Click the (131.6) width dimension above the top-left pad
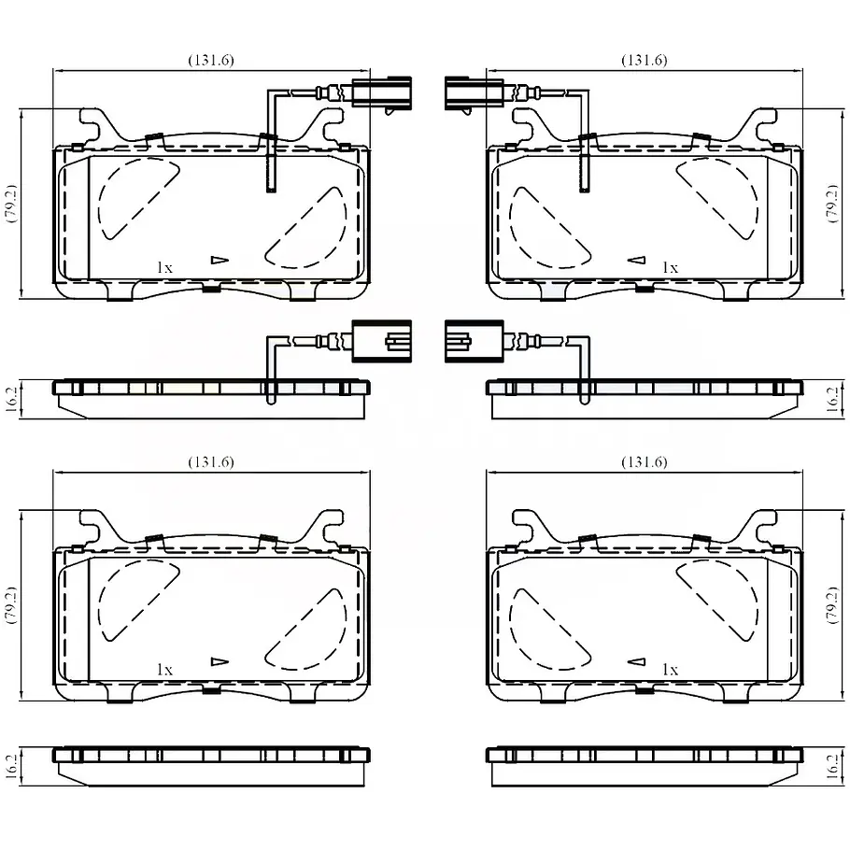coord(211,60)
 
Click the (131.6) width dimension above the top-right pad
coord(644,60)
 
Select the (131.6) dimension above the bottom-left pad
coord(211,461)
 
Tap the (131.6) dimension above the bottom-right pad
coord(644,461)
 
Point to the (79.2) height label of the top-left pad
coord(11,204)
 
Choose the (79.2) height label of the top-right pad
coord(832,204)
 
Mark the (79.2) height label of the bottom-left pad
coord(11,605)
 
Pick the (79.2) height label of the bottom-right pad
coord(832,605)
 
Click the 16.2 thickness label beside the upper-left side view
coord(12,399)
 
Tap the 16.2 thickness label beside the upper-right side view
coord(832,399)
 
